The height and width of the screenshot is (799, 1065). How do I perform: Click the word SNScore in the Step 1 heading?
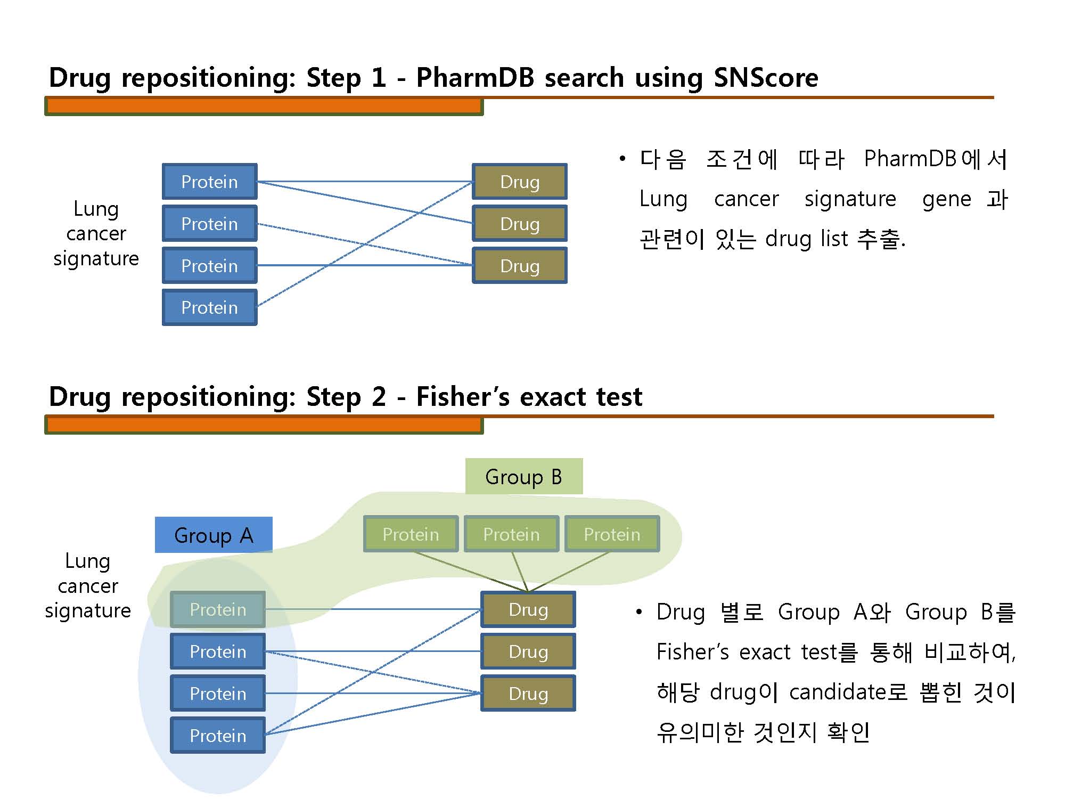[765, 78]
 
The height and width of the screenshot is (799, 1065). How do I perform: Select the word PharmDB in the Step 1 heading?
[474, 78]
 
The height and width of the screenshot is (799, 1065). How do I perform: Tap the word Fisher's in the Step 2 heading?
[463, 397]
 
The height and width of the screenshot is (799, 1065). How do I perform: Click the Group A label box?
[214, 535]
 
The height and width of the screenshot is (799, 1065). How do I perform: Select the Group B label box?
[524, 476]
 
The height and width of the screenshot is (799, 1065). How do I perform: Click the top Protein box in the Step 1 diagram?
[210, 182]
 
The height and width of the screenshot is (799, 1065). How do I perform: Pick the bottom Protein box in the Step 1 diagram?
[210, 307]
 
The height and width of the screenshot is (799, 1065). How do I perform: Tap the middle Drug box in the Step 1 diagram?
[520, 224]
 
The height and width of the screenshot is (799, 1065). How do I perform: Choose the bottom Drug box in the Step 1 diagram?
[520, 265]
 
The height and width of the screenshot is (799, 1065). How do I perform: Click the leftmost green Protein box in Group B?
[411, 534]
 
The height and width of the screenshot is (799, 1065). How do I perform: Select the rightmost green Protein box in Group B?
[612, 534]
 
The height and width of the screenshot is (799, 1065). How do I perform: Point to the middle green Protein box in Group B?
[511, 534]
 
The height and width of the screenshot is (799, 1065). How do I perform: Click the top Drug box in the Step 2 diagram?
[528, 609]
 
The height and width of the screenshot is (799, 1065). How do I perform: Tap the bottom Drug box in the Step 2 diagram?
[528, 694]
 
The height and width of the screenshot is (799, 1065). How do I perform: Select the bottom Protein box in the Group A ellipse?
[218, 736]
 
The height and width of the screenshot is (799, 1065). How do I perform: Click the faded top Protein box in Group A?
[218, 609]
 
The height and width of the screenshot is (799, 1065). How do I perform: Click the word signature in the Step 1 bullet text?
[850, 199]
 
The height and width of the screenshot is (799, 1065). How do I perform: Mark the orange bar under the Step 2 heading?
[264, 425]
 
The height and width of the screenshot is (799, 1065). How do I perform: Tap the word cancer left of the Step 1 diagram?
[96, 233]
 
